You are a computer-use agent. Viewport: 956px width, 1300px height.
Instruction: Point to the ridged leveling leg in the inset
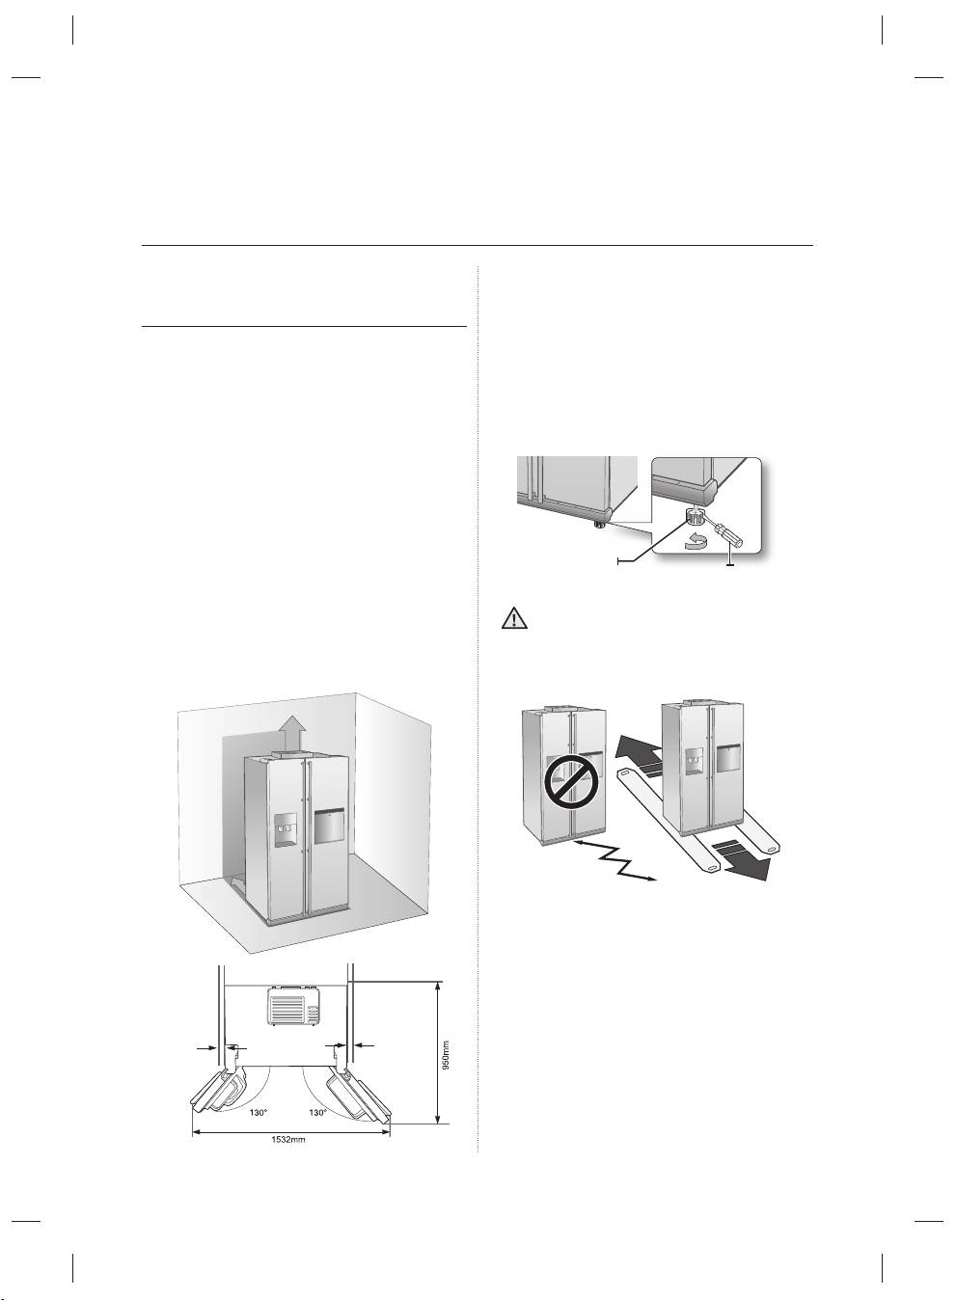(x=695, y=518)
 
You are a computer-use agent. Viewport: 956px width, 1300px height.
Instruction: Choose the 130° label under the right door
(x=318, y=1112)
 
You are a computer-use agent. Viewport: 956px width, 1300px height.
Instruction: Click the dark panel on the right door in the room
(x=329, y=826)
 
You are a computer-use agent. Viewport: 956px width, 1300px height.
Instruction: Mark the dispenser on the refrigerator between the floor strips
(x=693, y=759)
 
